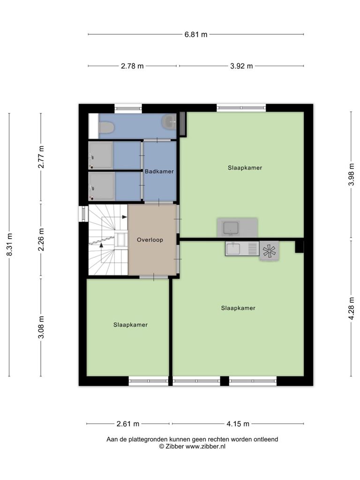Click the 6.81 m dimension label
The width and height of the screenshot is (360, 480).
(195, 35)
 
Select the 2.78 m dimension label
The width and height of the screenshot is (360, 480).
(132, 66)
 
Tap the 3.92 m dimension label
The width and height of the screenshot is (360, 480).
(241, 66)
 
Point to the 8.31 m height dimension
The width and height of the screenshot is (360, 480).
(9, 245)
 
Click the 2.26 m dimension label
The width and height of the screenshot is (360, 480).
(41, 240)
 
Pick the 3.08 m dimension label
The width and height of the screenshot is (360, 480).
(41, 327)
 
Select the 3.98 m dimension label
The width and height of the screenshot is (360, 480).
(352, 174)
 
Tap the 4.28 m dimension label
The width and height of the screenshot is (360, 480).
(352, 308)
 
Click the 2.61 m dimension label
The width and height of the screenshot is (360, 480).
(128, 424)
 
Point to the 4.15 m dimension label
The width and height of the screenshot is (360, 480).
(238, 424)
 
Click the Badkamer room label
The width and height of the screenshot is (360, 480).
(159, 172)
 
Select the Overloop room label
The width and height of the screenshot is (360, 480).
(150, 240)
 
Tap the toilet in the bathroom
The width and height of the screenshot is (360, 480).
(106, 127)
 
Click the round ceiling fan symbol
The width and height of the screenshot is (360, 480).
(270, 251)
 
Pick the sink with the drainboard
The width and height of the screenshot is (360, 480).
(242, 248)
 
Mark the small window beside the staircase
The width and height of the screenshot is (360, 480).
(83, 213)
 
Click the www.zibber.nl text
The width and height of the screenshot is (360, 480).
(205, 447)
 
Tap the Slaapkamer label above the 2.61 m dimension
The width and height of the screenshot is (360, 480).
(130, 325)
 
